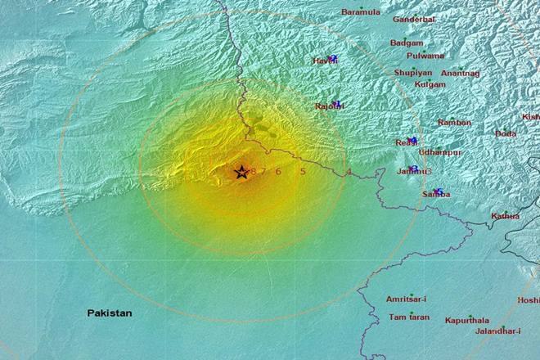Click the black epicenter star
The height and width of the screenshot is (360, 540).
[x=241, y=172]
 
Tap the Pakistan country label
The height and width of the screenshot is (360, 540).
[x=110, y=313]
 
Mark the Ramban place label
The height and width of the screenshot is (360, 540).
[x=454, y=123]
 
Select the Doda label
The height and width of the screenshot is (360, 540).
[x=505, y=133]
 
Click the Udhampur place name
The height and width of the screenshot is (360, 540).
[x=439, y=152]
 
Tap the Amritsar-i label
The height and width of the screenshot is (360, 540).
[x=407, y=299]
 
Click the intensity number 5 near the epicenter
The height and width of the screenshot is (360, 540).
[x=303, y=171]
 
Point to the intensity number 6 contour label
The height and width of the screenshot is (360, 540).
[x=278, y=171]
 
